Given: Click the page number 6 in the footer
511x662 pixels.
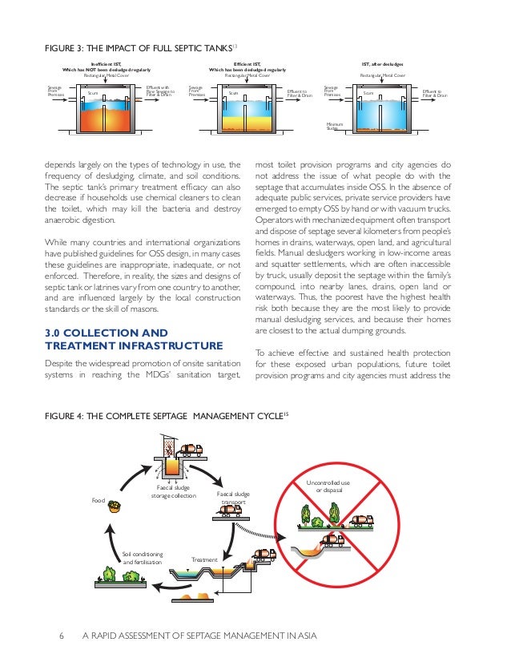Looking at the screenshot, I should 62,636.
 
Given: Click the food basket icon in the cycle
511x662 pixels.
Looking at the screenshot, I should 115,506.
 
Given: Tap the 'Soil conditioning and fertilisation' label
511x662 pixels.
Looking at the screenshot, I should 143,558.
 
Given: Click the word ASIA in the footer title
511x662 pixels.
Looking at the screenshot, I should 301,636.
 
